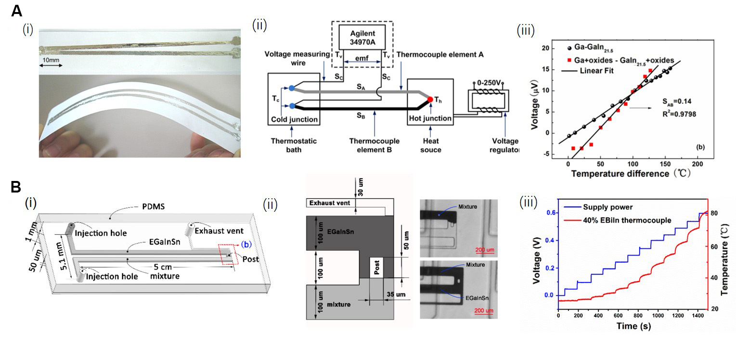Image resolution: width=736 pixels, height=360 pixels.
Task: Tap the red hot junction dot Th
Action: [x=430, y=99]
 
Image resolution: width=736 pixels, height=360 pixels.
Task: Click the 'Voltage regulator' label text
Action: [x=505, y=146]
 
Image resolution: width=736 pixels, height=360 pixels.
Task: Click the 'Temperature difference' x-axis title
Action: [x=623, y=172]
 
